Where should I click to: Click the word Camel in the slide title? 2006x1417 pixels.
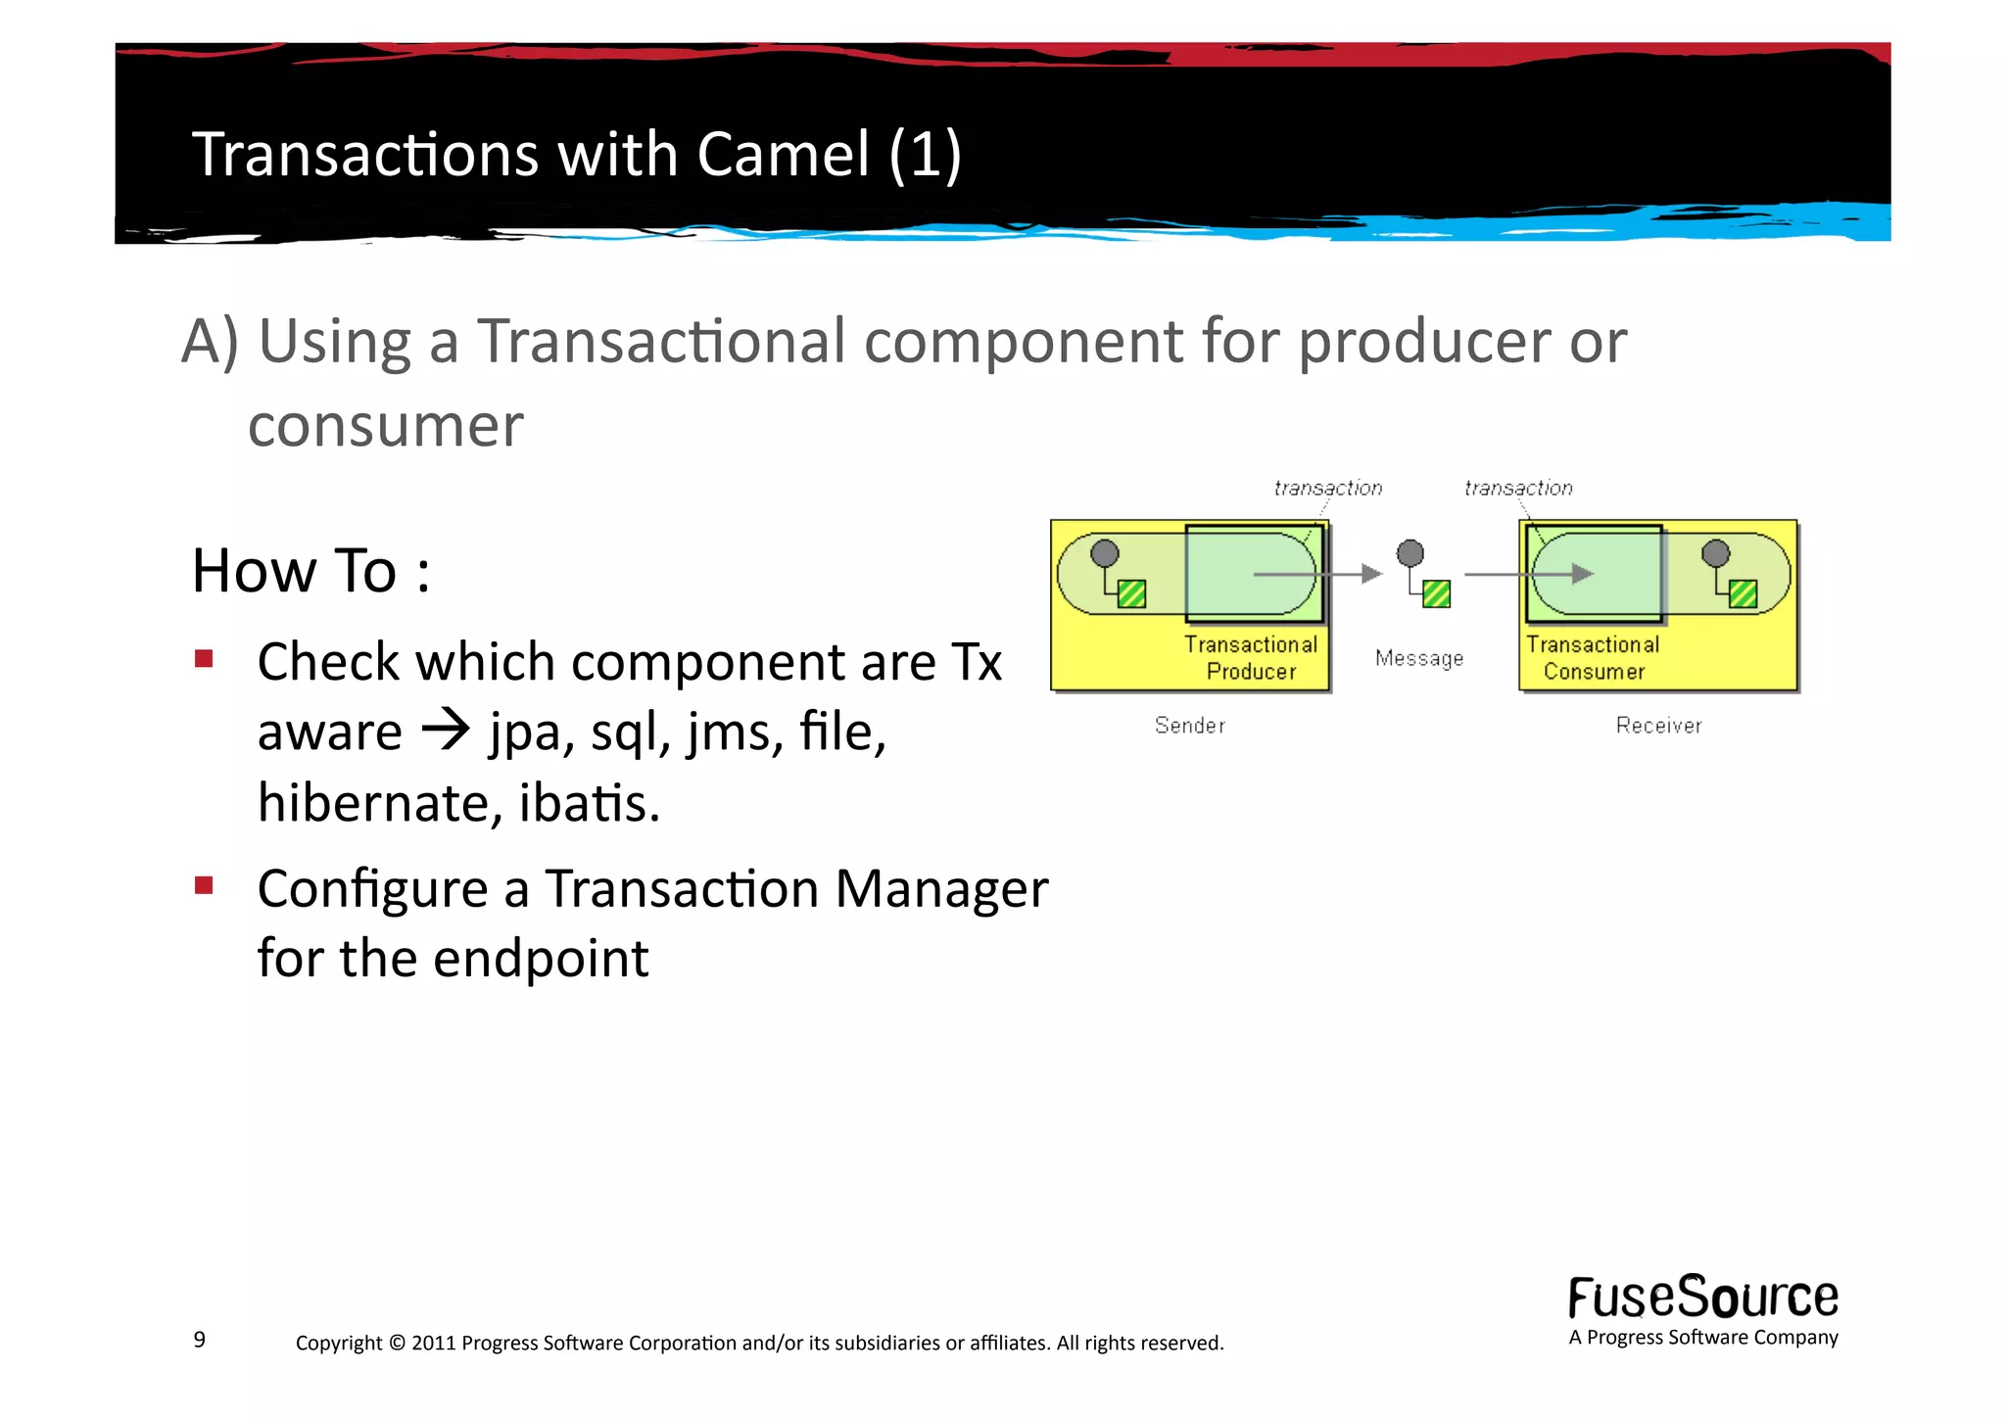tap(783, 155)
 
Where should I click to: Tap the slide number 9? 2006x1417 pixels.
tap(200, 1339)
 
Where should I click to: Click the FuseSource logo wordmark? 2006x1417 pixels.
tap(1702, 1298)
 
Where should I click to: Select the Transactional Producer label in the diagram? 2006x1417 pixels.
tap(1251, 658)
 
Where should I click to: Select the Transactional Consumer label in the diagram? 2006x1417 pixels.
tap(1593, 658)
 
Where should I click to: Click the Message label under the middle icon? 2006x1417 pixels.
tap(1418, 658)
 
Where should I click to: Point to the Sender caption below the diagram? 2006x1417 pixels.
tap(1189, 726)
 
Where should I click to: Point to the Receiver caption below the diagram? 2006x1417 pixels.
tap(1658, 726)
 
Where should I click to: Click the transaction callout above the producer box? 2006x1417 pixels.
tap(1327, 488)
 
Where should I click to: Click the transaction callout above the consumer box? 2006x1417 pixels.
tap(1518, 488)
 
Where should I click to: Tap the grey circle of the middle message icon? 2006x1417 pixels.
tap(1409, 553)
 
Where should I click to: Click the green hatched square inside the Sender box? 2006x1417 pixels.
tap(1131, 593)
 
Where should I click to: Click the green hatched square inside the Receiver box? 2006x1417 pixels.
tap(1743, 593)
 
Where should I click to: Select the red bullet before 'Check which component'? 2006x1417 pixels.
tap(204, 658)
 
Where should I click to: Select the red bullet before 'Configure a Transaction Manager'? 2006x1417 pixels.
tap(204, 886)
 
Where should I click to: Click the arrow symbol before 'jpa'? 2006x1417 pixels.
tap(446, 730)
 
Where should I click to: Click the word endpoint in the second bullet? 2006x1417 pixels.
tap(541, 958)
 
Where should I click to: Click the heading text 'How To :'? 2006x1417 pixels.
tap(310, 571)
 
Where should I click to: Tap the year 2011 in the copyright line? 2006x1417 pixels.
tap(433, 1343)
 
